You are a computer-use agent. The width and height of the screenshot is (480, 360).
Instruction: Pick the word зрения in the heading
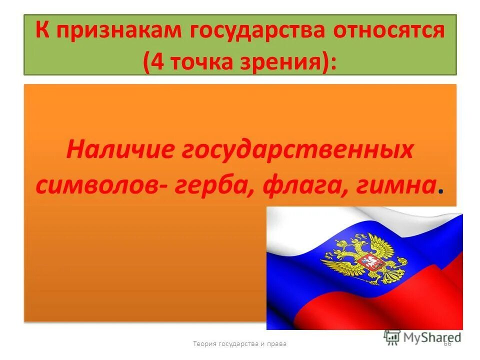pos(284,63)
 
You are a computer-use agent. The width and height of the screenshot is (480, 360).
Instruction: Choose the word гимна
pos(394,185)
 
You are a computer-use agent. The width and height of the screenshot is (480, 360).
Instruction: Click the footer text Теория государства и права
pos(240,343)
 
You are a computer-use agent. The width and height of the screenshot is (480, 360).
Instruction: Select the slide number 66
pos(447,343)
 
